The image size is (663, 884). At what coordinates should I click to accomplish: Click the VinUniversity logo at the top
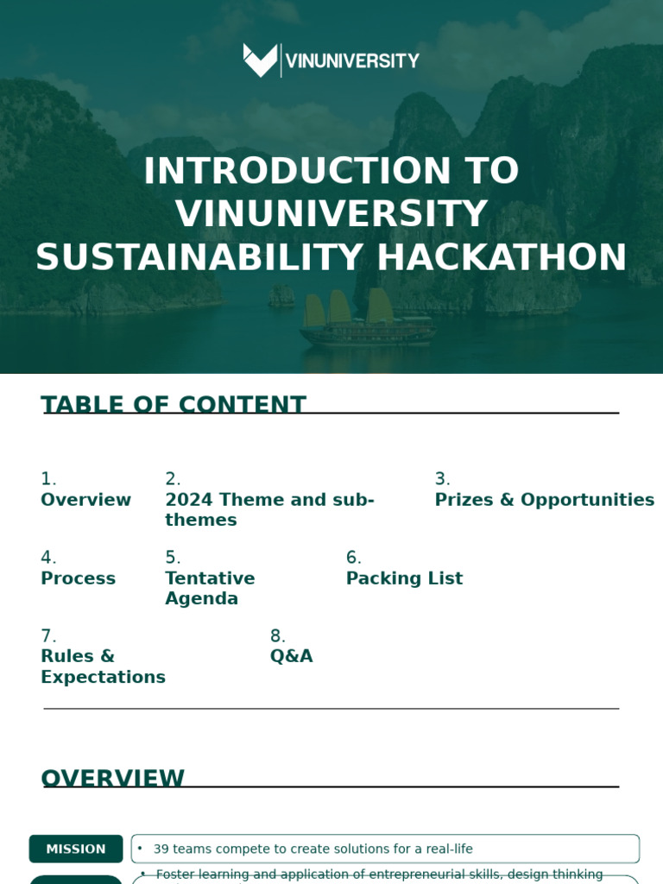[331, 60]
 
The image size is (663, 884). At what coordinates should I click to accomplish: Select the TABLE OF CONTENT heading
[173, 405]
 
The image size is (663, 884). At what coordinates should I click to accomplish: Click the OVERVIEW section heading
[112, 778]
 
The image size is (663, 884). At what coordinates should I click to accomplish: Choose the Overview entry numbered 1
[85, 500]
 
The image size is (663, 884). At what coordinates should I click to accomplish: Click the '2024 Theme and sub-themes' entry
[269, 509]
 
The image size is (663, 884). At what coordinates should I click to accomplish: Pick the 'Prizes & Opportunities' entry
[544, 500]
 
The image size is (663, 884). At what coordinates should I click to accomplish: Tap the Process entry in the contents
[78, 578]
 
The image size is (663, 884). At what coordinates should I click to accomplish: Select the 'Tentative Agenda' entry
[210, 589]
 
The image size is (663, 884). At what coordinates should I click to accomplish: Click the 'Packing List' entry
[404, 578]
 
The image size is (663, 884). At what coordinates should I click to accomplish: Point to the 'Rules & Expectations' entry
[103, 666]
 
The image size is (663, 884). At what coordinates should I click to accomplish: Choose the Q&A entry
[291, 656]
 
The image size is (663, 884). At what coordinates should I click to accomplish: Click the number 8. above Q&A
[277, 636]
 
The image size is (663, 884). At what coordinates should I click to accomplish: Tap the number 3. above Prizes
[442, 479]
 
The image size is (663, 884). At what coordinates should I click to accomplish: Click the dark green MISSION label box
[76, 849]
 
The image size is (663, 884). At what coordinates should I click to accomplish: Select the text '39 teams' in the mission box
[178, 849]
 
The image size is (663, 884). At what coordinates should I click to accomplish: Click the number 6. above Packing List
[353, 558]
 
